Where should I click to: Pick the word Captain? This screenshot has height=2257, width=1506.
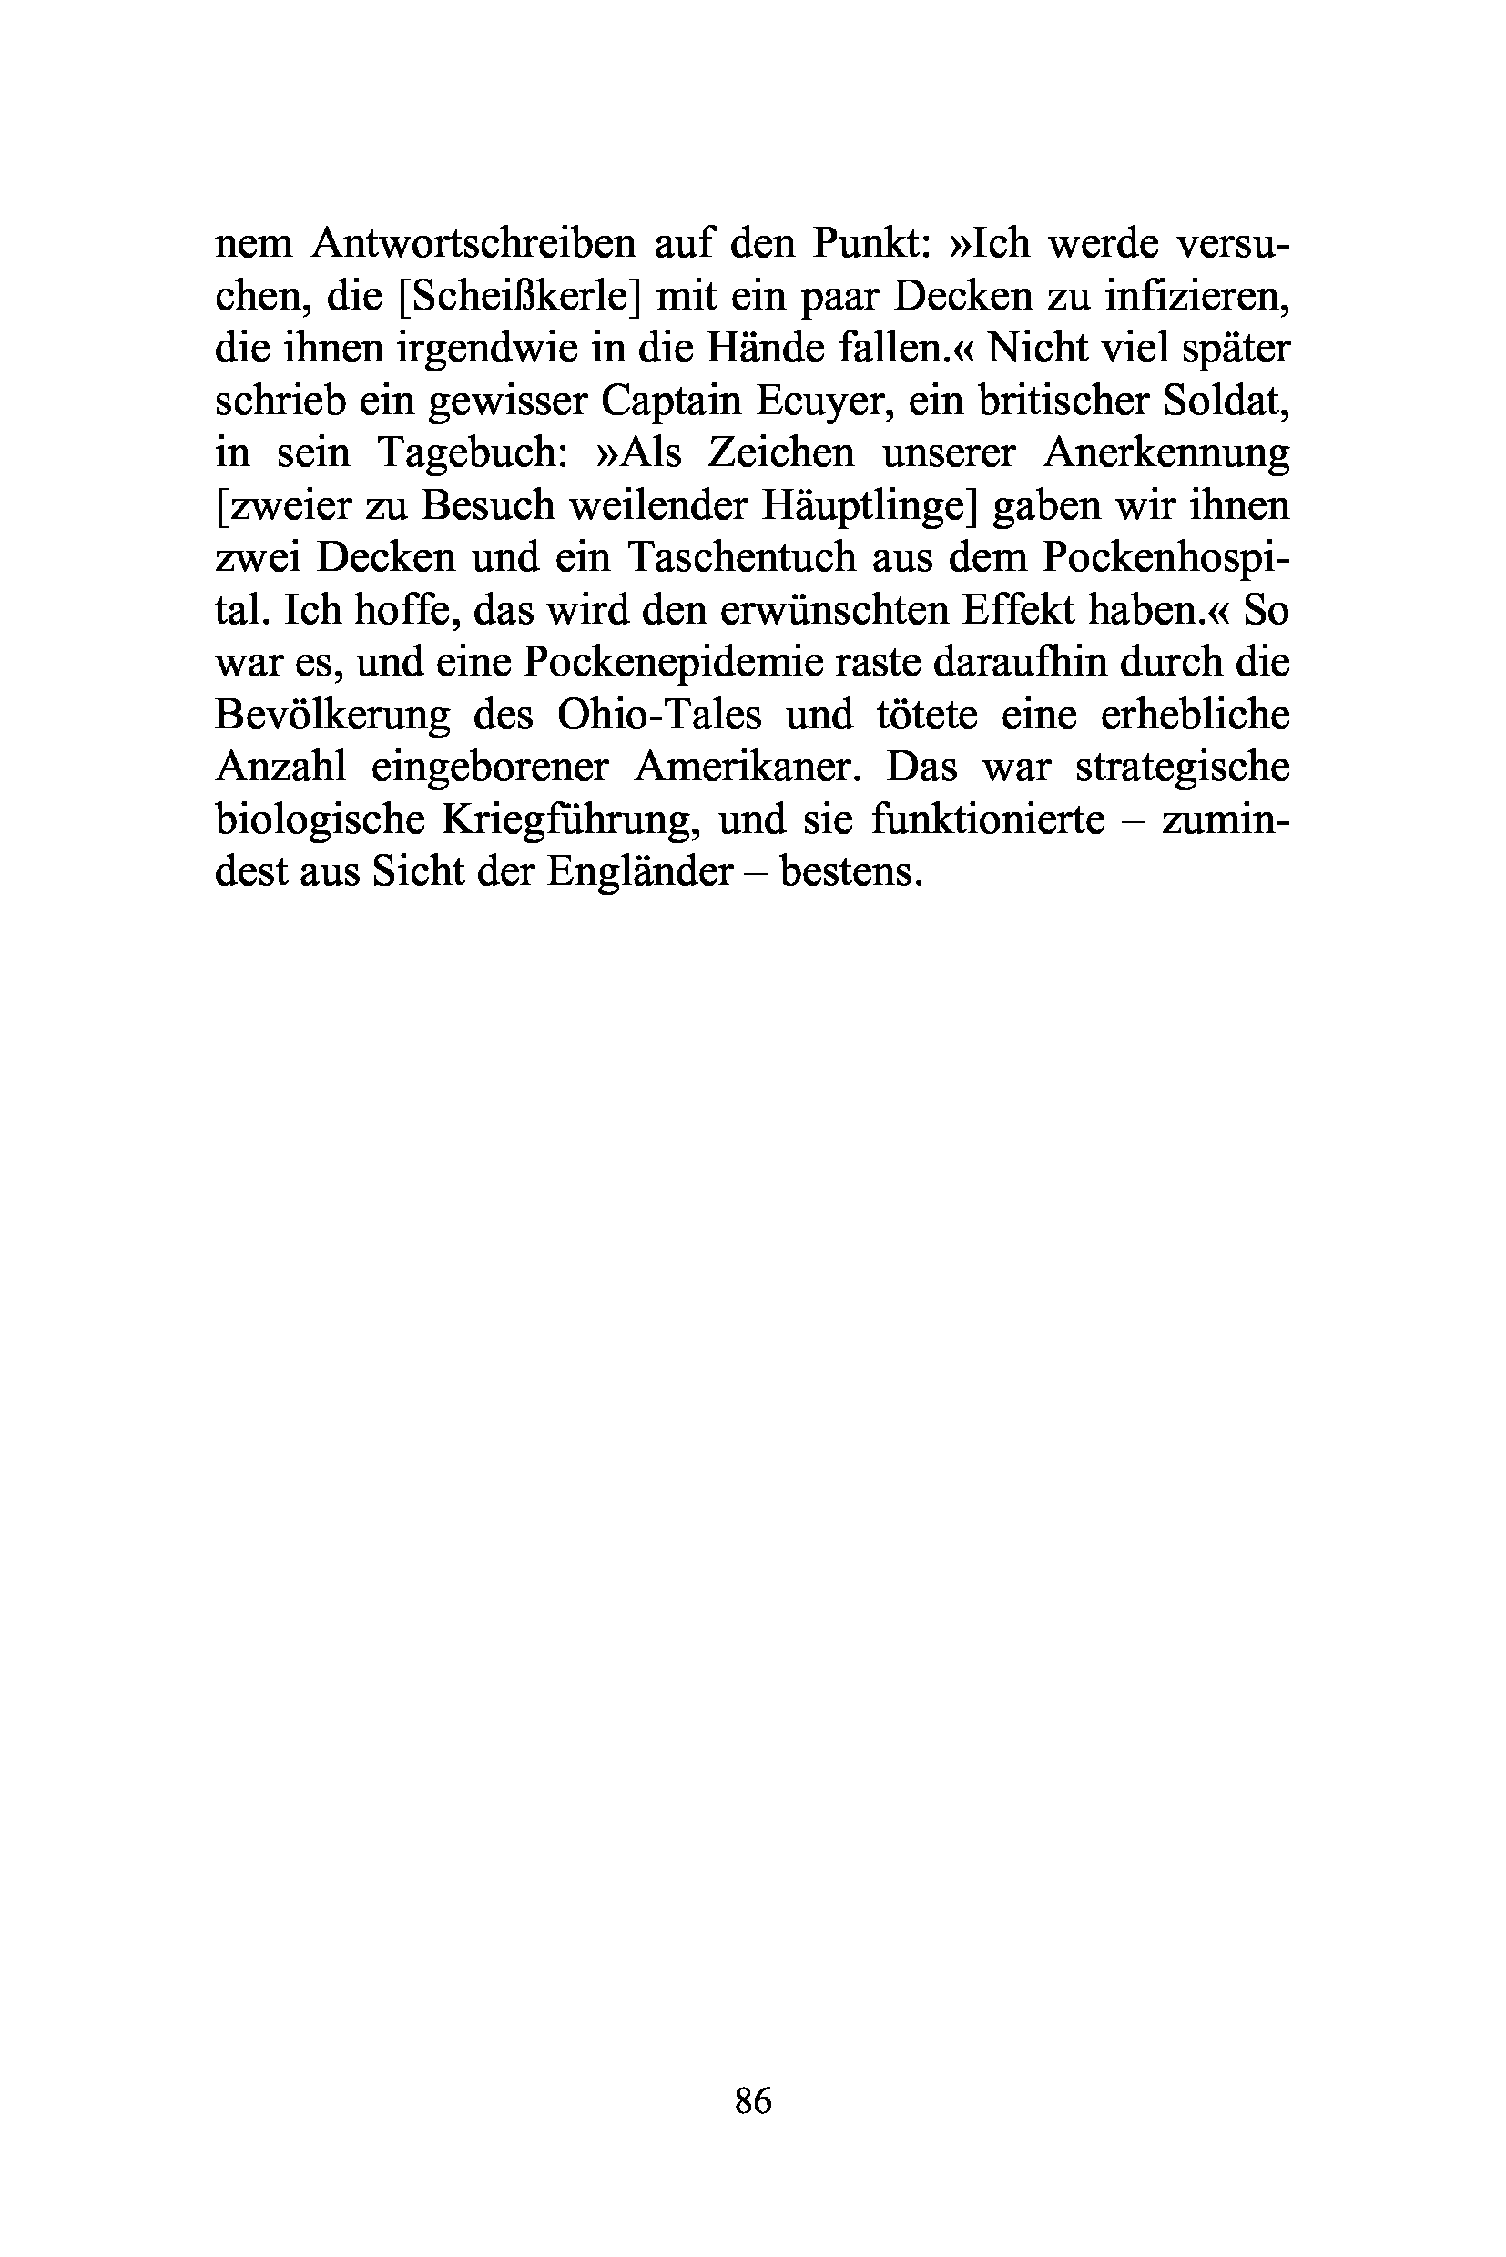click(671, 402)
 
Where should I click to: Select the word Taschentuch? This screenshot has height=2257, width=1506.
click(740, 558)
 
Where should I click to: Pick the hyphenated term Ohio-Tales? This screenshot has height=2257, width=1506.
click(659, 716)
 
